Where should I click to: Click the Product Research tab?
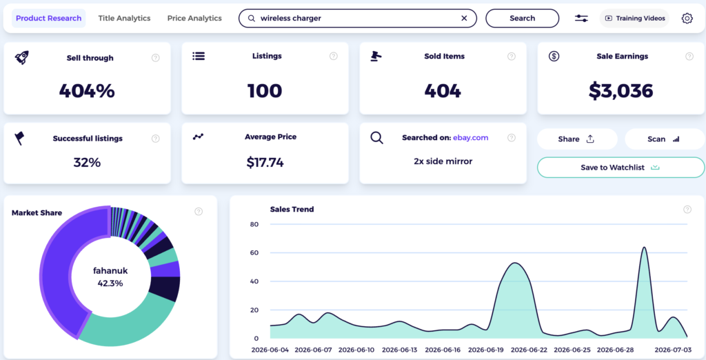pos(49,19)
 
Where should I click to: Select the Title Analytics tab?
pos(124,19)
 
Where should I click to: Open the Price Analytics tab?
pos(194,19)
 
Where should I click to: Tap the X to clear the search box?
pos(464,19)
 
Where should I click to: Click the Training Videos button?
pos(634,19)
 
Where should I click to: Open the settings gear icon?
pos(687,19)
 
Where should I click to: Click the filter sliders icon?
pos(581,19)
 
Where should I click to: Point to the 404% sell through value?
pos(87,91)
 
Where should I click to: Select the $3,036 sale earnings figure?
pos(621,91)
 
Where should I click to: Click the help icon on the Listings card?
pos(334,57)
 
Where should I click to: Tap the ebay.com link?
pos(470,138)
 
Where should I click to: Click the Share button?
pos(577,139)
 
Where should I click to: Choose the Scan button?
pos(665,139)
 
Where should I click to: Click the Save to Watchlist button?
pos(621,168)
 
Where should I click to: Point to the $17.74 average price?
pos(265,162)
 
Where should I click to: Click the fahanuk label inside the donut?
pos(110,271)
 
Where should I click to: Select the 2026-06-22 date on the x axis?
pos(529,350)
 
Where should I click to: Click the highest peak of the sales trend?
pos(645,247)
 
